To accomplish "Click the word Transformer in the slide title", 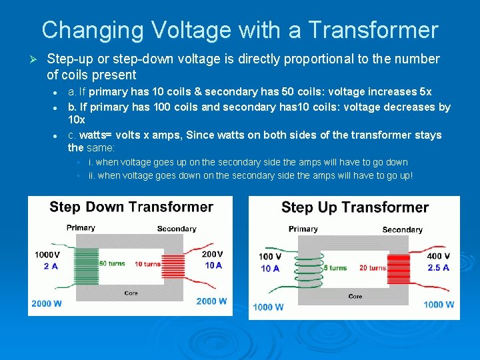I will (x=373, y=30).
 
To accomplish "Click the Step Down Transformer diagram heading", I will (x=131, y=207).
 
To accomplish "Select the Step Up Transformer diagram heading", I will (x=355, y=207).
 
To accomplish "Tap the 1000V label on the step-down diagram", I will (x=47, y=255).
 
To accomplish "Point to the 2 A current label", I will (x=50, y=266).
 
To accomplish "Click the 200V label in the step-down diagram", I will (x=213, y=254).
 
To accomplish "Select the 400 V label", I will (x=438, y=256).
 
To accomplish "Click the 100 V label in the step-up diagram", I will (x=270, y=257).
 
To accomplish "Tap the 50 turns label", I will (x=112, y=263).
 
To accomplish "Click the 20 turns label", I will (x=373, y=268).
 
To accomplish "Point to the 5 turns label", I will (x=335, y=268).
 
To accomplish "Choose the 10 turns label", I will (x=147, y=264).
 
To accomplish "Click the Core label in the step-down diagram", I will (x=131, y=293).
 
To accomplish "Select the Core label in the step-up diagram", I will (x=355, y=296).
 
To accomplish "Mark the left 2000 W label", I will (x=47, y=303).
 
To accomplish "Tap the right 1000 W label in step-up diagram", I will (x=439, y=305).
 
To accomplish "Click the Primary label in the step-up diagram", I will (x=303, y=229).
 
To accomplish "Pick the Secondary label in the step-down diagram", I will (x=177, y=229).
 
